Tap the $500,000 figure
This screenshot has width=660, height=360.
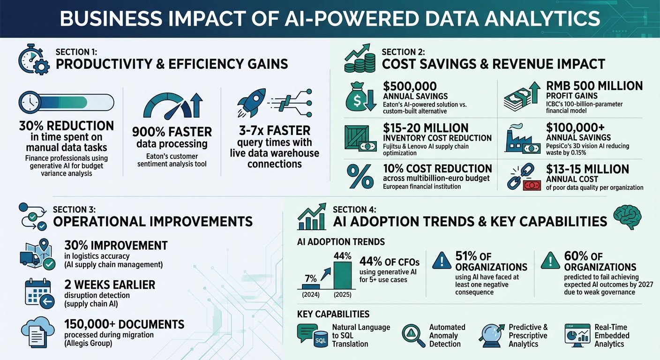pos(410,86)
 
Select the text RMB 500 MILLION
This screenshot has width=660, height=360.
pos(594,86)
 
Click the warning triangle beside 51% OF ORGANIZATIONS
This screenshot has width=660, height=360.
pos(440,261)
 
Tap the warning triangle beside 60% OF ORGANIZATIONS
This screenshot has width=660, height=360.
pos(549,261)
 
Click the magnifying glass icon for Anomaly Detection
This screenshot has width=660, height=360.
pos(412,334)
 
